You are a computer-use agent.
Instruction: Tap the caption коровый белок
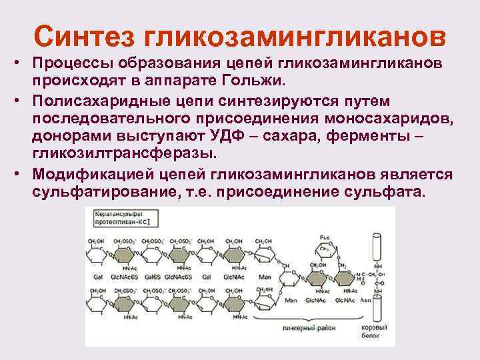[x=379, y=332]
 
